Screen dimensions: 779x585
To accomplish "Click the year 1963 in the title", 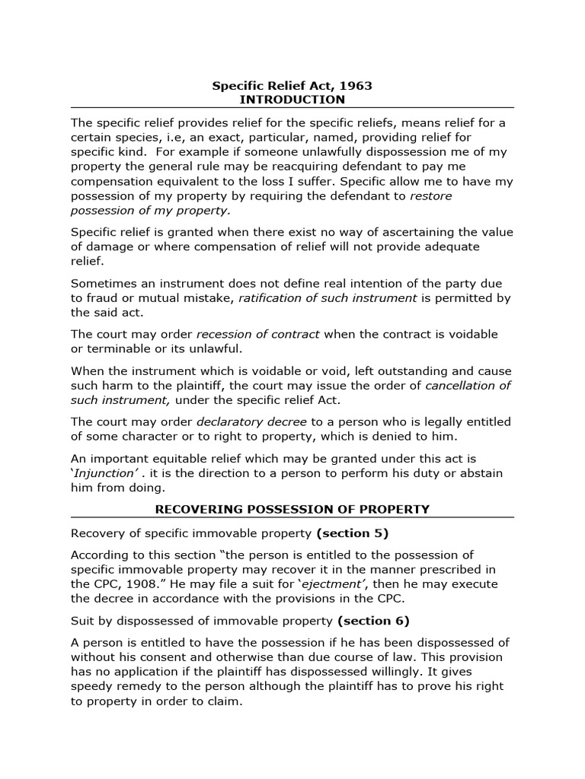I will pos(356,86).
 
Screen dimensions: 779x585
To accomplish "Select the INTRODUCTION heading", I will pos(292,100).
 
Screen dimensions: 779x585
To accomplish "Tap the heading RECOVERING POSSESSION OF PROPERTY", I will pos(292,509).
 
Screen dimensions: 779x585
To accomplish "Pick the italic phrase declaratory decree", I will pos(251,421).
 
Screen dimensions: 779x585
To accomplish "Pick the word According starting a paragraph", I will pos(100,555).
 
